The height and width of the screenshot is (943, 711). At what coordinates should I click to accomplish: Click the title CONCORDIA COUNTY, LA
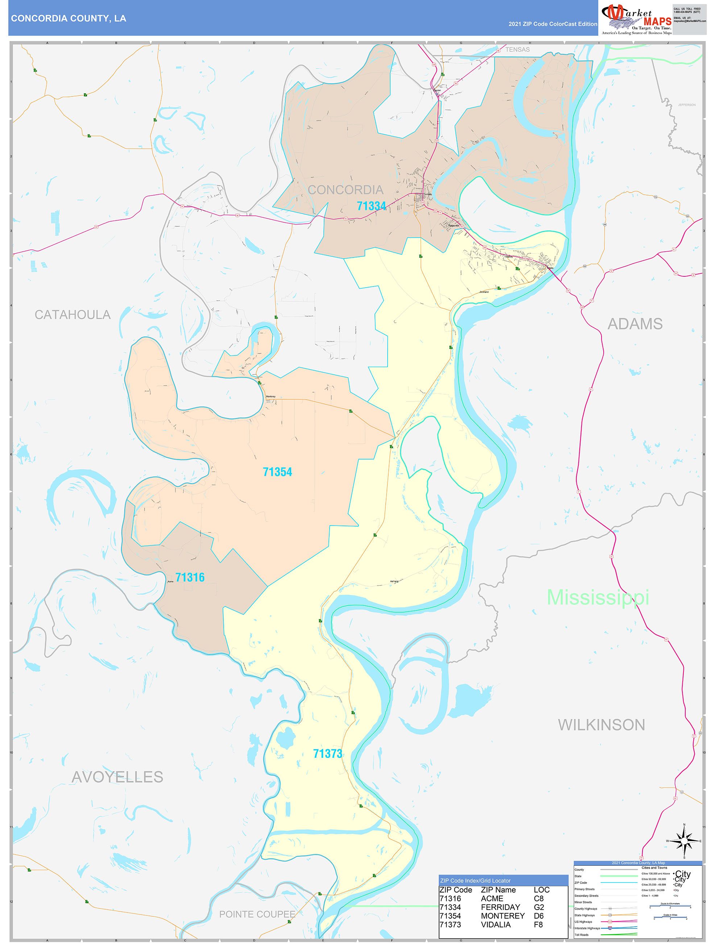click(x=69, y=18)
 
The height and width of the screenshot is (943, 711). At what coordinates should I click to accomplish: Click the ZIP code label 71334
click(x=371, y=206)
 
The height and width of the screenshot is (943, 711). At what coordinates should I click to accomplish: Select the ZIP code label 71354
click(x=277, y=472)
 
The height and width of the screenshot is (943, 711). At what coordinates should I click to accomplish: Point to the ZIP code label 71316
click(x=190, y=577)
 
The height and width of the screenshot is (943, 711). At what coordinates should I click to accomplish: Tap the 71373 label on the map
click(x=327, y=754)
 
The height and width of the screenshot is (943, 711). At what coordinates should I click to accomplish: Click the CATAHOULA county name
click(x=73, y=314)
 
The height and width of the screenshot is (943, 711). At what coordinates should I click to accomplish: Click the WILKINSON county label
click(x=601, y=725)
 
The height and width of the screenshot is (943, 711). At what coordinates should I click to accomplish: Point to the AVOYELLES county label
click(x=117, y=777)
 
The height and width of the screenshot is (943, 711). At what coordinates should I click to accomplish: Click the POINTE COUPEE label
click(x=257, y=914)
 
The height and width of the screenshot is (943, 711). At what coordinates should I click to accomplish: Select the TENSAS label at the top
click(x=517, y=49)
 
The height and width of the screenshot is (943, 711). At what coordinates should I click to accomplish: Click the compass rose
click(x=684, y=841)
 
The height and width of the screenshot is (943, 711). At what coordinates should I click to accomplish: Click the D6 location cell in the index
click(x=538, y=916)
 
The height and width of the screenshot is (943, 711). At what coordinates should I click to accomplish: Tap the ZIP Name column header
click(x=498, y=890)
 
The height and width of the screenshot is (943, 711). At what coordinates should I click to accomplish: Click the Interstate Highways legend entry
click(x=587, y=928)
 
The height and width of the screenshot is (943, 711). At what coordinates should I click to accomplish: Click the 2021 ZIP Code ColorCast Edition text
click(x=553, y=24)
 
